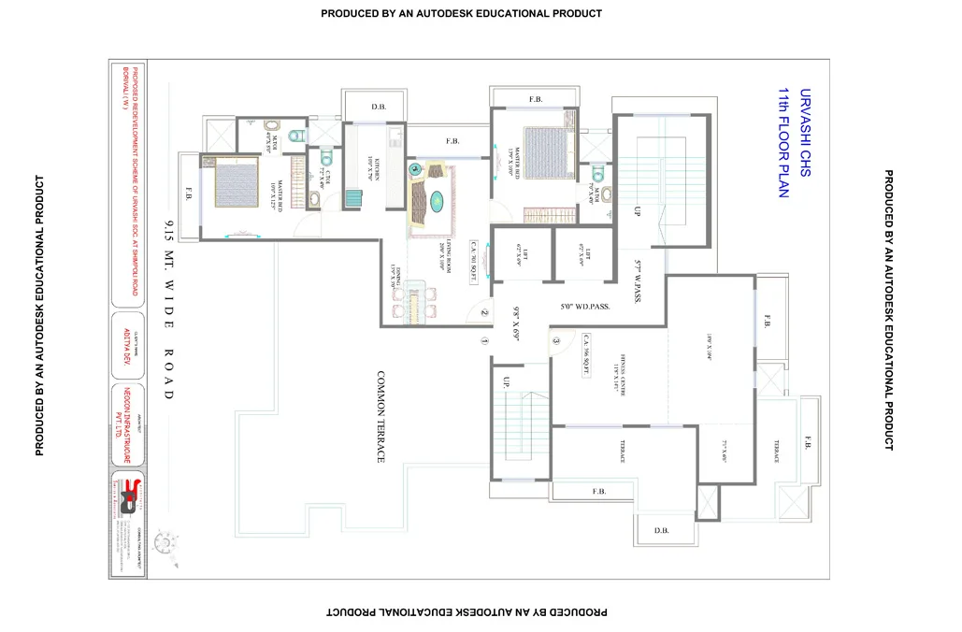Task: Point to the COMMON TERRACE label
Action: click(380, 416)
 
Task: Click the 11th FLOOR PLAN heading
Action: click(784, 142)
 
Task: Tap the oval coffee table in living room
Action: click(437, 198)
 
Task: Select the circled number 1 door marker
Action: click(484, 340)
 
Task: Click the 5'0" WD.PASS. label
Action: click(584, 307)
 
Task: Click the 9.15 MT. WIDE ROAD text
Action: click(169, 309)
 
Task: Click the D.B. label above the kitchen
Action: click(378, 107)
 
